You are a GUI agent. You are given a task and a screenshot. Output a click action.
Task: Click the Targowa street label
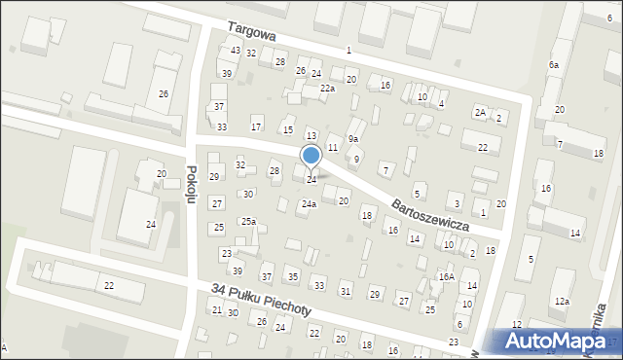(x=252, y=33)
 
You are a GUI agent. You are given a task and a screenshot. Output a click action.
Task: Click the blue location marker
(x=311, y=156)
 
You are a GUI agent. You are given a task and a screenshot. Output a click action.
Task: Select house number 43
(x=236, y=51)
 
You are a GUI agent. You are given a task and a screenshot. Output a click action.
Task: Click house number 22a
(x=328, y=89)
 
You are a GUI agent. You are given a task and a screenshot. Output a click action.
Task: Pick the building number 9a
(x=353, y=139)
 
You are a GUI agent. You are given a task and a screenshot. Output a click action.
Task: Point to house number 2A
(x=480, y=112)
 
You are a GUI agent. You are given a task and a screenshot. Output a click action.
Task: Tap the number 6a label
(x=553, y=64)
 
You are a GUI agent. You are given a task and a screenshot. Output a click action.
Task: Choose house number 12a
(x=562, y=302)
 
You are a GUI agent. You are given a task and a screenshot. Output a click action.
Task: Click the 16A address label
(x=446, y=277)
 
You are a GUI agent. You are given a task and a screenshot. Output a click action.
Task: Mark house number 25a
(x=249, y=222)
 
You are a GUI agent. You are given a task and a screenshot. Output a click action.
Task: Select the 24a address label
(x=309, y=204)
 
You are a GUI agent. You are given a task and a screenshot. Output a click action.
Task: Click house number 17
(x=256, y=126)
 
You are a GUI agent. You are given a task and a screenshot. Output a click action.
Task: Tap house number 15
(x=287, y=129)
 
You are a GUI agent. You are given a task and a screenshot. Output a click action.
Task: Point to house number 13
(x=311, y=135)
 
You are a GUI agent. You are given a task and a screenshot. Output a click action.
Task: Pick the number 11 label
(x=333, y=147)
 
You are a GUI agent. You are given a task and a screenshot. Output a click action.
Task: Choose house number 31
(x=345, y=292)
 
